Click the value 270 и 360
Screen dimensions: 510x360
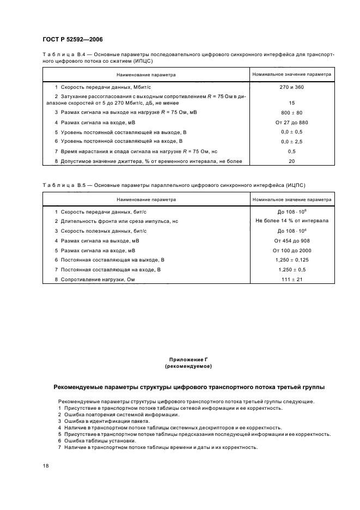[292, 87]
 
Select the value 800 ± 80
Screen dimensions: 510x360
[292, 112]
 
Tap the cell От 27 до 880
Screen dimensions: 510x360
[292, 122]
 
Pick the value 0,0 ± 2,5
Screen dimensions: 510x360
[292, 141]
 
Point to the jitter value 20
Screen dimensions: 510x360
[292, 161]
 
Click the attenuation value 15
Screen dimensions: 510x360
[292, 102]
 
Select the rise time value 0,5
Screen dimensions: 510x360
[292, 151]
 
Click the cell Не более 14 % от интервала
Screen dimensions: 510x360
[292, 221]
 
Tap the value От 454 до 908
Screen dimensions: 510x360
[292, 240]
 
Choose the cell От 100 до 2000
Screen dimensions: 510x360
[292, 250]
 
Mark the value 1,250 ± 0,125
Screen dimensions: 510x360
[292, 260]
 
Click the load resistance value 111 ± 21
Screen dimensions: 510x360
[292, 280]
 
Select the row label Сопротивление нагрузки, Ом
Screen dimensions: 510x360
[98, 280]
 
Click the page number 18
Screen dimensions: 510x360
[46, 466]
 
